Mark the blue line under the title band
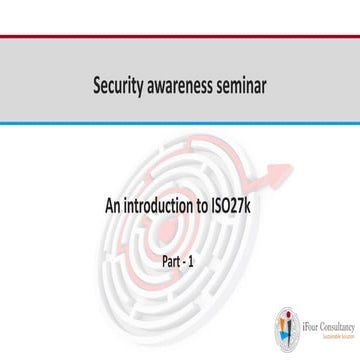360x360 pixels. pyautogui.click(x=180, y=124)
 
